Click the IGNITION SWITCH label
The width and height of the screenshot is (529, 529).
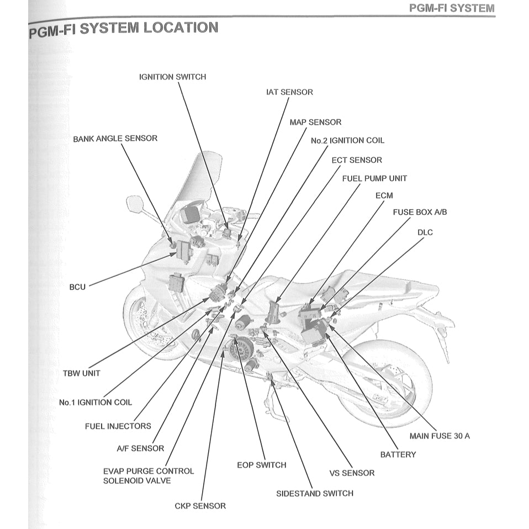click(172, 77)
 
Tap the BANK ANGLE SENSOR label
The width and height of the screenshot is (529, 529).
click(115, 138)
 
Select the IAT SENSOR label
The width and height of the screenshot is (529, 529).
click(289, 92)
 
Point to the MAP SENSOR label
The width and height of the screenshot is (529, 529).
click(315, 121)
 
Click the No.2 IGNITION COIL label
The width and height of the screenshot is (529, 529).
click(347, 140)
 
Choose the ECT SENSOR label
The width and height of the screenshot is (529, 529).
click(356, 160)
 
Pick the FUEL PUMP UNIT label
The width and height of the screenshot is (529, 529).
click(374, 178)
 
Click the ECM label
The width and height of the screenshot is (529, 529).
click(384, 195)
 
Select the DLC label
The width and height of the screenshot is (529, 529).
click(425, 232)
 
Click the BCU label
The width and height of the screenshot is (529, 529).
click(77, 287)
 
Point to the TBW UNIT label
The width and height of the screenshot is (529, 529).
click(82, 373)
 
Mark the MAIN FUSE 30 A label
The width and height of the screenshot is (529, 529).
click(440, 436)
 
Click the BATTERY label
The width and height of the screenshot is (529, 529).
click(398, 454)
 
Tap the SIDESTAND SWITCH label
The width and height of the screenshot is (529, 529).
click(314, 493)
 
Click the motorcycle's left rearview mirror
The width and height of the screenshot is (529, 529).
click(134, 204)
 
